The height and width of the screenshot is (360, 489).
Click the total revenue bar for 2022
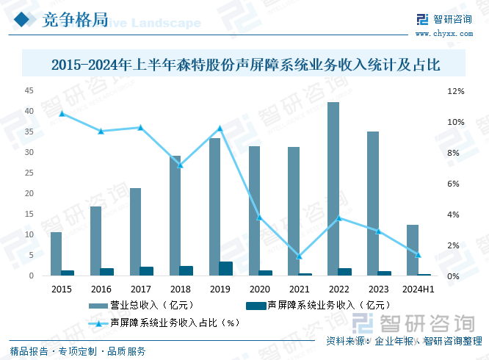point(333,189)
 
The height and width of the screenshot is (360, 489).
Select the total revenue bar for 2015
point(56,253)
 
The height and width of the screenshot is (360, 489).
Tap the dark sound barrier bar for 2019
point(226,268)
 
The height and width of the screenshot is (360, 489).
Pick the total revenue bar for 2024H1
point(413,250)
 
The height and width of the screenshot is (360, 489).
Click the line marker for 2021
point(300,256)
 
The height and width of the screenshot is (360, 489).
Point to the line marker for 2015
point(62,113)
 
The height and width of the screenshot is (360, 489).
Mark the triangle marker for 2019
point(220,129)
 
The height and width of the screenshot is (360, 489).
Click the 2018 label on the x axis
point(181,289)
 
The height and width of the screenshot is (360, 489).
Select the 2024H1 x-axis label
point(419,289)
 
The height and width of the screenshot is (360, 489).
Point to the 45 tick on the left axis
point(29,90)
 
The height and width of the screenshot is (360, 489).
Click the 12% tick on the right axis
point(455,91)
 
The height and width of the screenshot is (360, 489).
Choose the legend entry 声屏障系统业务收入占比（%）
point(166,322)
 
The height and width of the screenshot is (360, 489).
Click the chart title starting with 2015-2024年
point(245,65)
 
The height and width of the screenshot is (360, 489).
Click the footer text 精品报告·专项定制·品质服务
point(78,350)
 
